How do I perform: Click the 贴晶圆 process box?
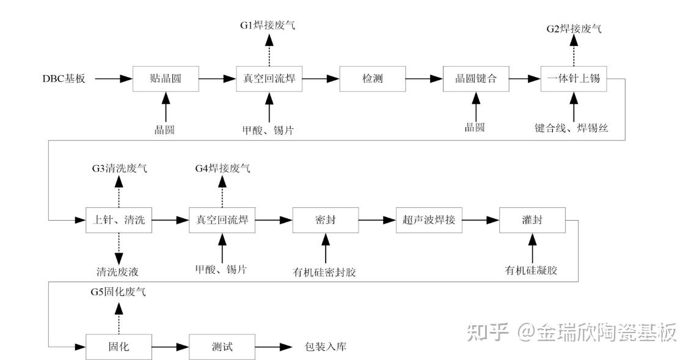(166, 79)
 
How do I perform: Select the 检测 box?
(371, 79)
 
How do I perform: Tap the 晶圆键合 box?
(475, 79)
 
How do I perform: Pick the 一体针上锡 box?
(574, 79)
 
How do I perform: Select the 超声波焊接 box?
(429, 219)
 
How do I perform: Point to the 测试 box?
(222, 347)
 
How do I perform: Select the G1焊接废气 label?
(268, 27)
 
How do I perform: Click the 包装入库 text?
(326, 347)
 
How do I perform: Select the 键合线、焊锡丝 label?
(574, 128)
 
